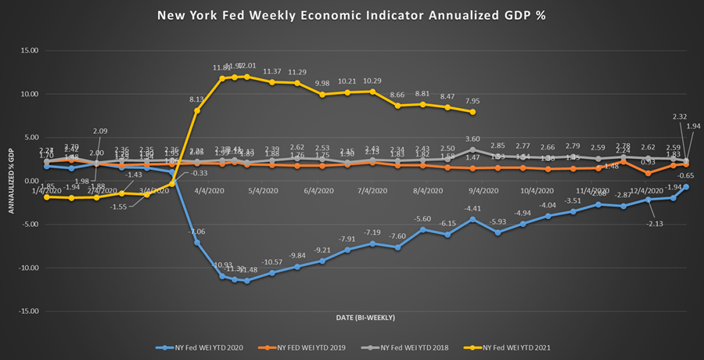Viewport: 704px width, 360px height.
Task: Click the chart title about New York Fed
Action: pyautogui.click(x=352, y=16)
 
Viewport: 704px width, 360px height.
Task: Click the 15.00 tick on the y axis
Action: pyautogui.click(x=29, y=51)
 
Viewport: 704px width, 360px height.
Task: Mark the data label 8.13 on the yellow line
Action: pyautogui.click(x=197, y=99)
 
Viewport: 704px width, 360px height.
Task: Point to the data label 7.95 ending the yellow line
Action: pyautogui.click(x=472, y=101)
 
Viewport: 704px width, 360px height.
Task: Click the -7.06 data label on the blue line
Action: pyautogui.click(x=196, y=232)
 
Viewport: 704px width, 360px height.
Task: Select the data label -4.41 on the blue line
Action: pyautogui.click(x=472, y=209)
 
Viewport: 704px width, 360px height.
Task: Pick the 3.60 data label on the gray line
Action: pyautogui.click(x=472, y=139)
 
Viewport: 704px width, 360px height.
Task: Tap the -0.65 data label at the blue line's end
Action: pyautogui.click(x=686, y=176)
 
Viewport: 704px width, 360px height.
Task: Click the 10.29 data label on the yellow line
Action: pyautogui.click(x=372, y=81)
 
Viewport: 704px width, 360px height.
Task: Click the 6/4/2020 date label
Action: pyautogui.click(x=318, y=190)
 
